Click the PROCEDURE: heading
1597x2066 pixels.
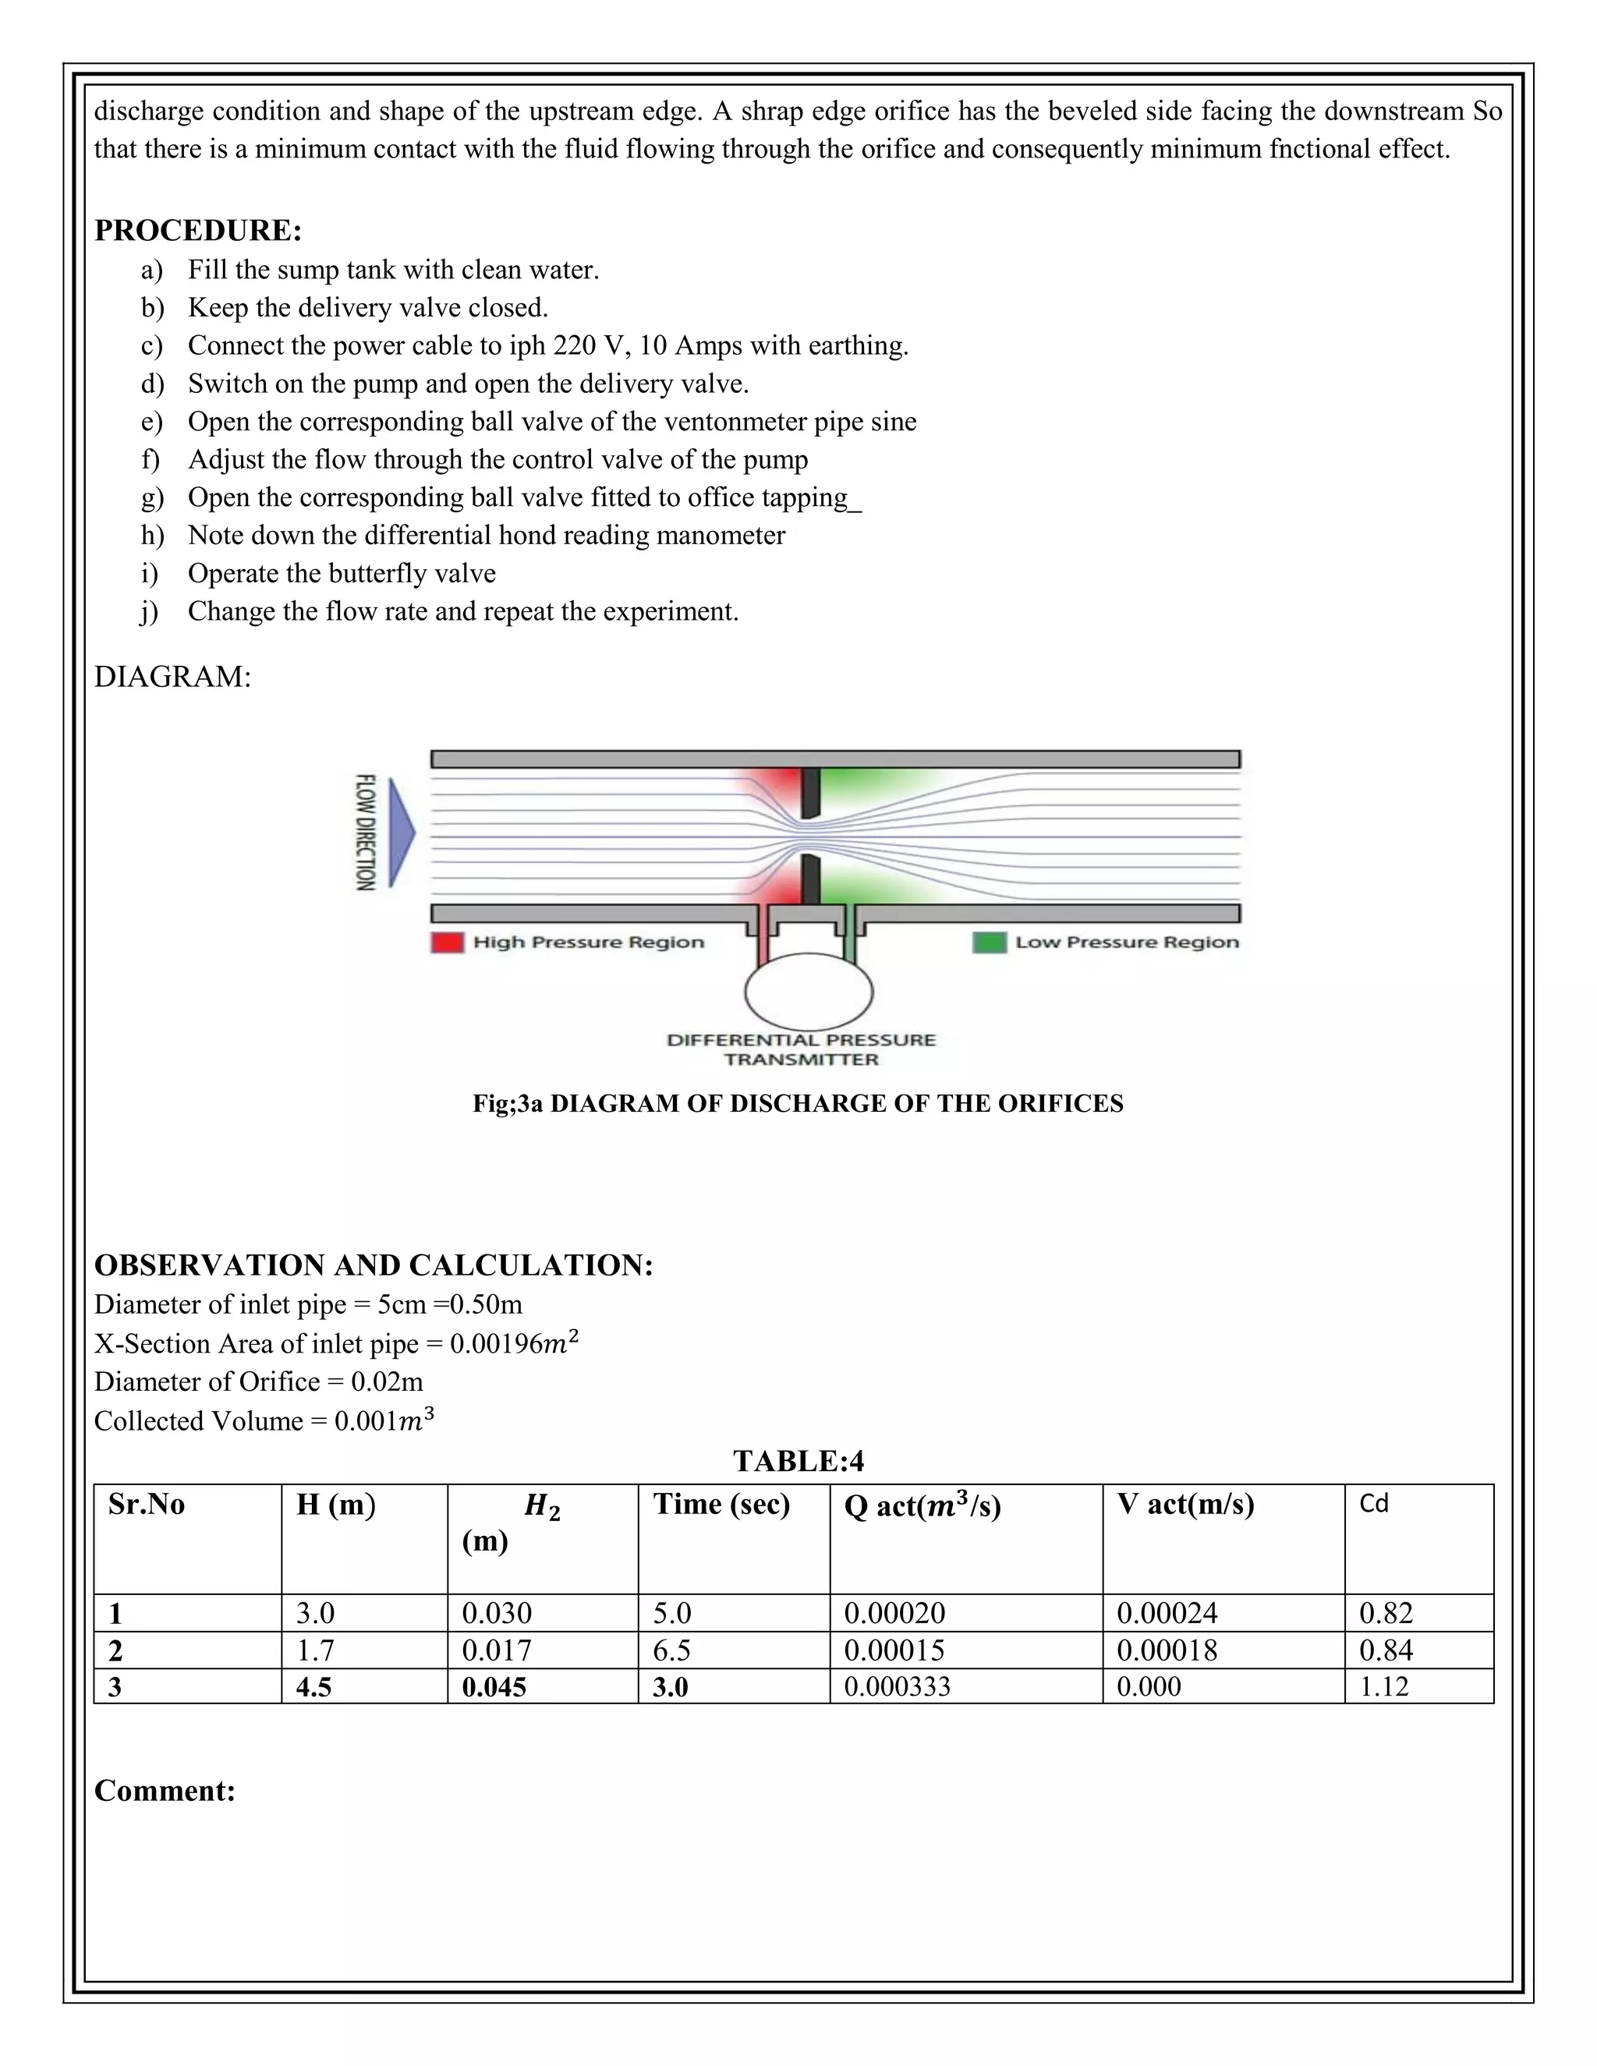(198, 231)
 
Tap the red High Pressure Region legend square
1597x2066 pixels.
(448, 943)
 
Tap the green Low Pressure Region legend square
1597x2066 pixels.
(989, 943)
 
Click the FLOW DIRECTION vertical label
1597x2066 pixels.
(365, 833)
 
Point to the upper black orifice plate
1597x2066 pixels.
(810, 793)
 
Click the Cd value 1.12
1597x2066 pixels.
(1383, 1686)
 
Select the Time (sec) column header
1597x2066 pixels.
(721, 1504)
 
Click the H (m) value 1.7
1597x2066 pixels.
(315, 1650)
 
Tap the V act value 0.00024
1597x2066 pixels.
(1167, 1613)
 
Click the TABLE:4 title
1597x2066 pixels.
(798, 1462)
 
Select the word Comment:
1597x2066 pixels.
(165, 1791)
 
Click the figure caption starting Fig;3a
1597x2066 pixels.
(798, 1104)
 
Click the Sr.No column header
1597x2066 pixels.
(147, 1504)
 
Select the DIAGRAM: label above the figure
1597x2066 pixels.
(172, 677)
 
